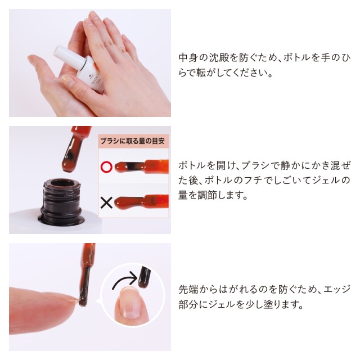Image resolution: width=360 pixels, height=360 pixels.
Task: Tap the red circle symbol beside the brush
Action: tap(106, 167)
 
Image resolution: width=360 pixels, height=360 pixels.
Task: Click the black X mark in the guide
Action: tap(106, 203)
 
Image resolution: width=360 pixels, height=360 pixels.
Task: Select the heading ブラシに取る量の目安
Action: tap(133, 141)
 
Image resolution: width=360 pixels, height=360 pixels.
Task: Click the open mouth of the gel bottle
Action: tap(61, 183)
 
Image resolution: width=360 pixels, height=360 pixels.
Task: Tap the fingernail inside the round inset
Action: tap(130, 303)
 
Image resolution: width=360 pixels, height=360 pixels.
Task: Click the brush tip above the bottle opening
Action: tap(70, 161)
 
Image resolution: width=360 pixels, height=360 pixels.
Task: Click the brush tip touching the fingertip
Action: tap(83, 301)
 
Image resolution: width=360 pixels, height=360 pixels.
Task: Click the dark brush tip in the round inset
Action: tap(144, 277)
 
